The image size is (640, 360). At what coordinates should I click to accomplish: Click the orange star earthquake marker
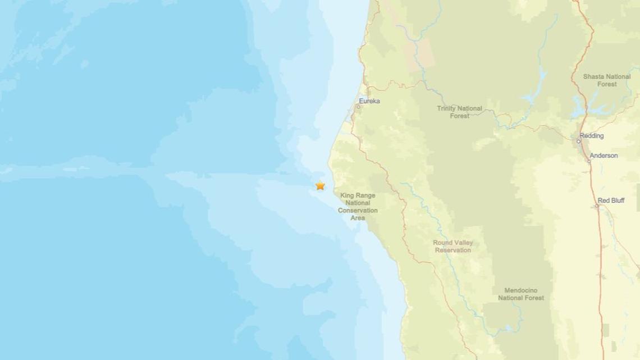(x=320, y=185)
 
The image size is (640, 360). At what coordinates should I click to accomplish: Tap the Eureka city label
(x=369, y=101)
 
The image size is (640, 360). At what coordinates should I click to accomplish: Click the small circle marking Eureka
(x=359, y=106)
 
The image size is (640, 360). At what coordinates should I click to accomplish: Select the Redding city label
(x=592, y=136)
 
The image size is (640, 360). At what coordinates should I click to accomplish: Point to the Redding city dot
(x=579, y=141)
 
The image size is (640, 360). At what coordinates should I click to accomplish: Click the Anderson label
(x=604, y=156)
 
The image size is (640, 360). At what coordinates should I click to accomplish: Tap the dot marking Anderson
(x=589, y=161)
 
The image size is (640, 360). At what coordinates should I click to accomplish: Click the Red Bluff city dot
(x=597, y=206)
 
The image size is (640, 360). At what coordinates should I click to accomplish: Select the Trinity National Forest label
(x=459, y=112)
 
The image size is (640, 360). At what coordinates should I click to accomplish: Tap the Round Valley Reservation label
(x=452, y=247)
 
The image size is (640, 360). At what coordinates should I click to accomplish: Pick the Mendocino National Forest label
(x=521, y=294)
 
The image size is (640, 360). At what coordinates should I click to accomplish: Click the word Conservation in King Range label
(x=358, y=211)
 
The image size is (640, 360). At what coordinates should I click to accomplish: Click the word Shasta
(x=593, y=76)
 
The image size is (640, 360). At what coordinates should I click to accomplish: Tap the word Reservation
(x=452, y=250)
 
